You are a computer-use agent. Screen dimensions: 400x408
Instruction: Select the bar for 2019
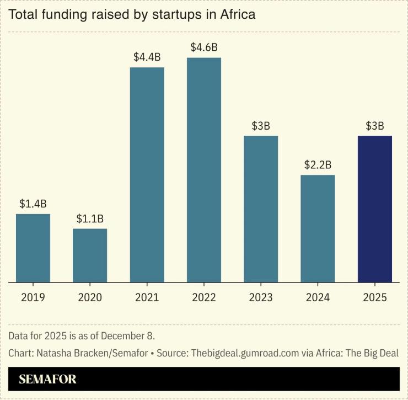pyautogui.click(x=33, y=248)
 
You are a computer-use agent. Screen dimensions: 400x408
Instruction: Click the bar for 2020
pyautogui.click(x=90, y=255)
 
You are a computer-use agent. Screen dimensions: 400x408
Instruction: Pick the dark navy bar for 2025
pyautogui.click(x=375, y=209)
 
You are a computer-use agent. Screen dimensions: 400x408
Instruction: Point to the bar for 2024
pyautogui.click(x=318, y=228)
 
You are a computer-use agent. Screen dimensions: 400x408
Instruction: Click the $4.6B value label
pyautogui.click(x=204, y=47)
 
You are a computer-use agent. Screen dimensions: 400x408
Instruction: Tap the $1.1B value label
pyautogui.click(x=90, y=218)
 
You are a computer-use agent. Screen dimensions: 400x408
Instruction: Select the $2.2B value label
pyautogui.click(x=318, y=165)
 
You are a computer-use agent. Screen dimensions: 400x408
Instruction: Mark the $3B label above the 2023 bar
pyautogui.click(x=261, y=126)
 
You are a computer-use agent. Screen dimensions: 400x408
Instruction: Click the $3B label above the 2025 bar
pyautogui.click(x=375, y=126)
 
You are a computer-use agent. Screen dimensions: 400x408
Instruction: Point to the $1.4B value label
pyautogui.click(x=33, y=204)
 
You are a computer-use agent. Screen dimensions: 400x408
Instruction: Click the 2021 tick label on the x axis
pyautogui.click(x=147, y=297)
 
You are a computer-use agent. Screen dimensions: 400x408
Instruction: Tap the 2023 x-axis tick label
pyautogui.click(x=261, y=297)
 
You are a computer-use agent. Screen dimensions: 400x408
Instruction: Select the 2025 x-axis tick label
pyautogui.click(x=375, y=297)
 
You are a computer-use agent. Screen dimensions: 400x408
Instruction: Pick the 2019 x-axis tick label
pyautogui.click(x=33, y=297)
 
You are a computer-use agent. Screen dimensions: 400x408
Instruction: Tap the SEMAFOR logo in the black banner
pyautogui.click(x=47, y=379)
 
